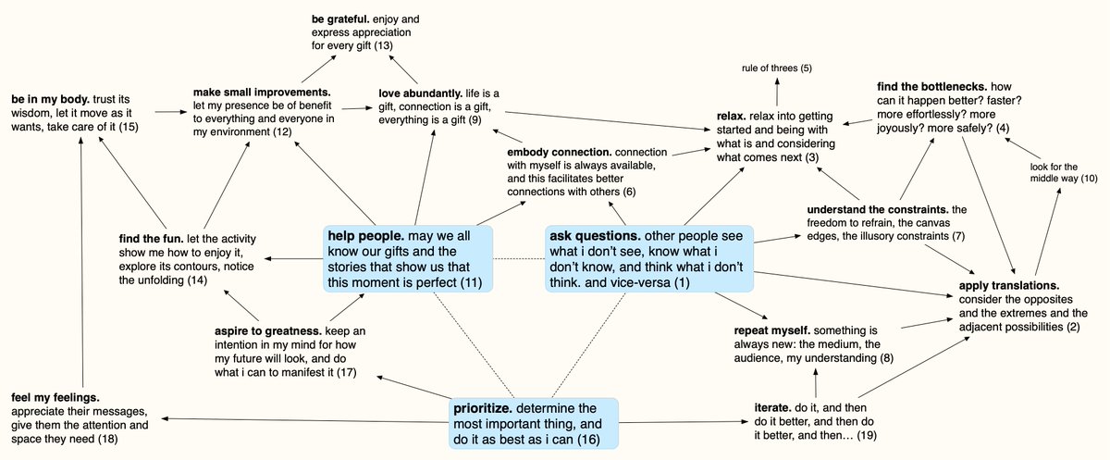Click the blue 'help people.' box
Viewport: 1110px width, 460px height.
pyautogui.click(x=407, y=258)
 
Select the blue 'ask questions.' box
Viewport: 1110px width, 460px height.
pyautogui.click(x=647, y=258)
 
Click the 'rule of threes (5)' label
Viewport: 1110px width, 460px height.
pyautogui.click(x=776, y=68)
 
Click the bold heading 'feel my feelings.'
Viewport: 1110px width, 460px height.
pyautogui.click(x=55, y=396)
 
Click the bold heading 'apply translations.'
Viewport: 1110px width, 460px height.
pyautogui.click(x=1008, y=286)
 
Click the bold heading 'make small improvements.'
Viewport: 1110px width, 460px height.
pyautogui.click(x=262, y=93)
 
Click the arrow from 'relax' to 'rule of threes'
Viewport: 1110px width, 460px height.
pyautogui.click(x=776, y=93)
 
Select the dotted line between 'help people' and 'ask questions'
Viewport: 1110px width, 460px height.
pyautogui.click(x=518, y=258)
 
